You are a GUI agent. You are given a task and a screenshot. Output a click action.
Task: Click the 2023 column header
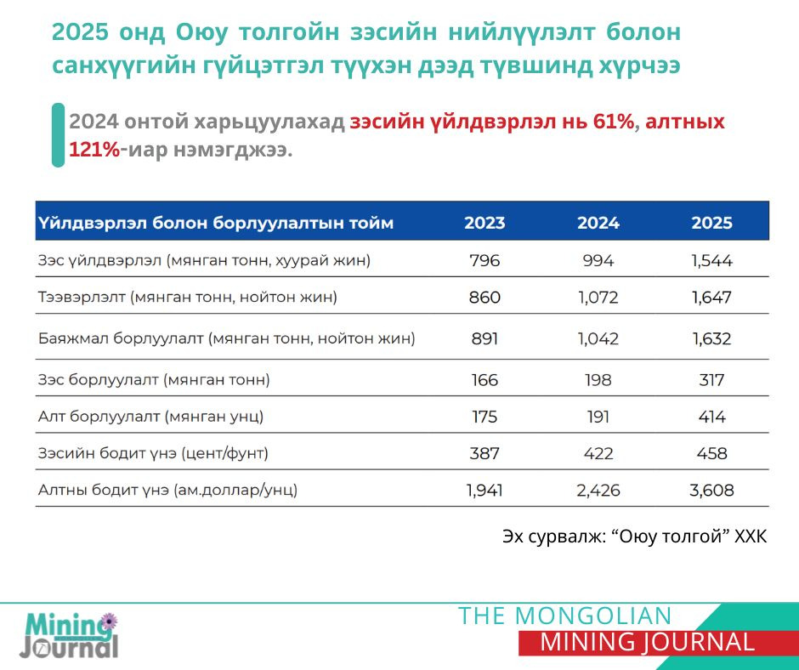click(x=484, y=224)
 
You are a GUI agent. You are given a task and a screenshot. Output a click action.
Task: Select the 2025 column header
click(x=711, y=224)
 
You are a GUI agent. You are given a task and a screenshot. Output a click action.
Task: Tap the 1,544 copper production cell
click(x=711, y=261)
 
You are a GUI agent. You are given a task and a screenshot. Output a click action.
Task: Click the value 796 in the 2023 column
click(x=484, y=261)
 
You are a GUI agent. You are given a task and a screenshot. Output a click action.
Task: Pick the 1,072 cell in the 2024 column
click(x=598, y=298)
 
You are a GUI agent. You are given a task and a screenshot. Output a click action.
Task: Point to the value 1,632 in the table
click(x=711, y=338)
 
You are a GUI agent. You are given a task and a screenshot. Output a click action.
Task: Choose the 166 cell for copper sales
click(x=484, y=380)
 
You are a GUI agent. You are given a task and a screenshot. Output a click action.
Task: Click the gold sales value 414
click(x=711, y=417)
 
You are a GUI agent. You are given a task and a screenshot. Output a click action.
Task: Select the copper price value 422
click(x=598, y=454)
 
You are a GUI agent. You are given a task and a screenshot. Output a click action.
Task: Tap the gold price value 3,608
click(x=711, y=491)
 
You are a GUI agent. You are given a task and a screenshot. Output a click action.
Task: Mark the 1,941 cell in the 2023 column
click(x=484, y=491)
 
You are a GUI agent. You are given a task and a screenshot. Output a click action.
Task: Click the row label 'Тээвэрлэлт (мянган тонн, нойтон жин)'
click(x=188, y=298)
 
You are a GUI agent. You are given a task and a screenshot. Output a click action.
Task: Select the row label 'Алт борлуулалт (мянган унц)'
click(x=150, y=417)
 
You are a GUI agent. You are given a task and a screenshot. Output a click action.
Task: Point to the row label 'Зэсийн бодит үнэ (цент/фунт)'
click(x=153, y=454)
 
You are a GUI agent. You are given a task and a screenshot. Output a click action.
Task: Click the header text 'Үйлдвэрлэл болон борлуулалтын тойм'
click(x=216, y=224)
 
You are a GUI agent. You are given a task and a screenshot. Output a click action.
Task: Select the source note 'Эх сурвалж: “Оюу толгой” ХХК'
click(x=634, y=538)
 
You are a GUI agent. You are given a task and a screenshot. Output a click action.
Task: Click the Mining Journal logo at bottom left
click(x=70, y=636)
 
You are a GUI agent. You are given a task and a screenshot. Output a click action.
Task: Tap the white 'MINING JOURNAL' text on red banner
click(x=647, y=643)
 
